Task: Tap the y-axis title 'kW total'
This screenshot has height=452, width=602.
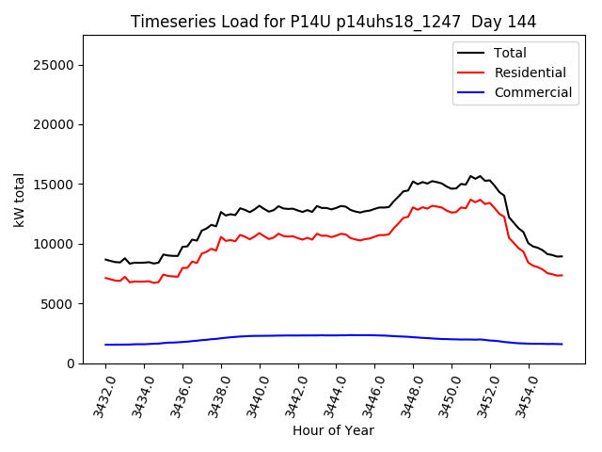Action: coord(20,200)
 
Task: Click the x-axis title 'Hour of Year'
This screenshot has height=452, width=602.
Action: coord(333,430)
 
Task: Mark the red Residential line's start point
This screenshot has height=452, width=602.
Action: coord(105,278)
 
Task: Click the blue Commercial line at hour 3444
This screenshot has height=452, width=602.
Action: coord(336,335)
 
